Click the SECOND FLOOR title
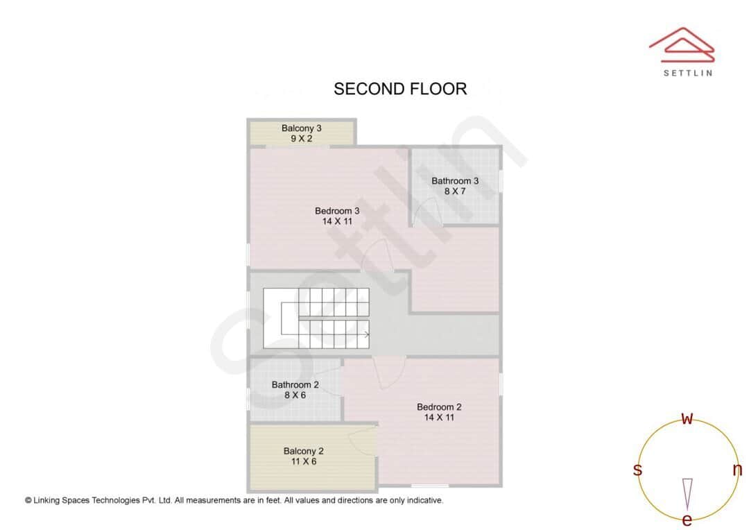pyautogui.click(x=400, y=89)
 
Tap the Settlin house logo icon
pyautogui.click(x=682, y=45)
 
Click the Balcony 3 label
pyautogui.click(x=302, y=128)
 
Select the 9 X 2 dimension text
pyautogui.click(x=302, y=139)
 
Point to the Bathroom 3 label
pyautogui.click(x=455, y=181)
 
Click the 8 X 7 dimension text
pyautogui.click(x=455, y=191)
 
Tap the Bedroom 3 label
pyautogui.click(x=337, y=211)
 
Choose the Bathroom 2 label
pyautogui.click(x=295, y=385)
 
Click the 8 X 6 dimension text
pyautogui.click(x=295, y=395)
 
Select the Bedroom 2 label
pyautogui.click(x=439, y=407)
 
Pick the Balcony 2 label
pyautogui.click(x=304, y=451)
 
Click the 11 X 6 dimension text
pyautogui.click(x=304, y=461)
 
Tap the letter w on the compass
pyautogui.click(x=687, y=418)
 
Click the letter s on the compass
pyautogui.click(x=637, y=470)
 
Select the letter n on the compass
pyautogui.click(x=737, y=470)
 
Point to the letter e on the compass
pyautogui.click(x=687, y=520)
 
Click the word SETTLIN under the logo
pyautogui.click(x=687, y=73)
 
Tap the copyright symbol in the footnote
pyautogui.click(x=28, y=500)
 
